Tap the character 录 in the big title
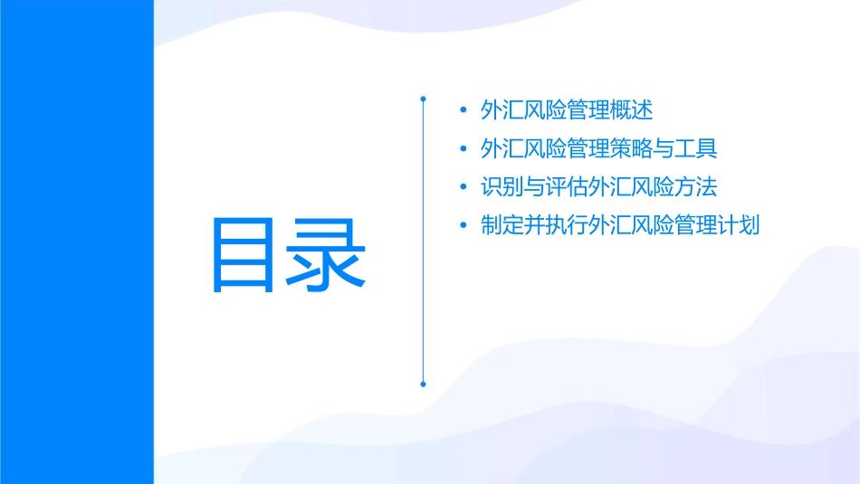tap(327, 255)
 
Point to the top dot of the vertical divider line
tap(423, 96)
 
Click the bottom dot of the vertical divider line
tap(423, 384)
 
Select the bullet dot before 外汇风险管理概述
tap(464, 111)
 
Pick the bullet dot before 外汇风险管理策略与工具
tap(464, 149)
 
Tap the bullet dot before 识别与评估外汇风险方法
tap(464, 187)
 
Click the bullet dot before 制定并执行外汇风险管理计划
tap(464, 225)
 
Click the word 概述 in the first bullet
tap(632, 111)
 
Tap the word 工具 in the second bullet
tap(696, 149)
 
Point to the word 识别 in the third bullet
tap(502, 187)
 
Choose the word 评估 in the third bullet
tap(568, 187)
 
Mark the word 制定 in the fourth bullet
tap(502, 225)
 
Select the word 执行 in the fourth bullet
tap(568, 225)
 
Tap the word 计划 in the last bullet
tap(739, 225)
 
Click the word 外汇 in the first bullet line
tap(502, 111)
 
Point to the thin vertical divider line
tap(423, 271)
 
